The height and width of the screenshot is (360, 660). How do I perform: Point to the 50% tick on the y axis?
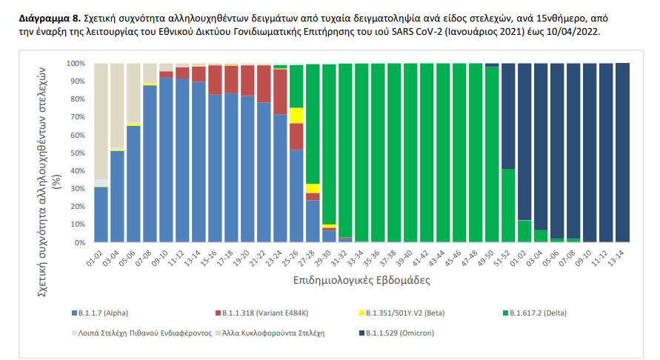point(77,153)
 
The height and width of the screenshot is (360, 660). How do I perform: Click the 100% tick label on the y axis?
point(76,64)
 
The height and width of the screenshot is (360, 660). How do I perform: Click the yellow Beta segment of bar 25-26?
point(297,116)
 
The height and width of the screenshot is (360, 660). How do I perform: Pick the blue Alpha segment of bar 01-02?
point(101,215)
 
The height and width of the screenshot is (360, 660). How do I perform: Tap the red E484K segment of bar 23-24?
point(281,92)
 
